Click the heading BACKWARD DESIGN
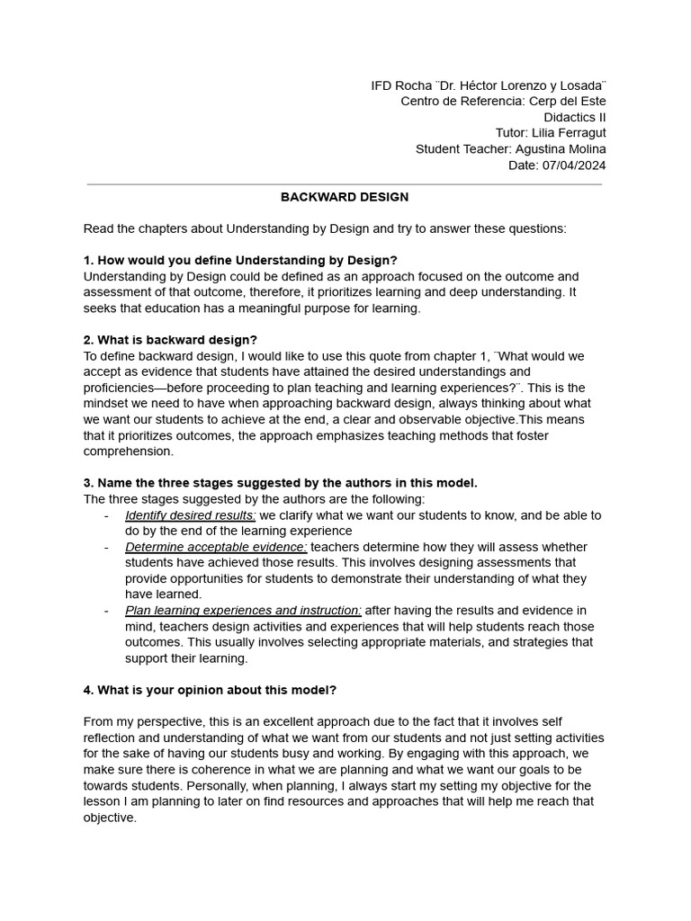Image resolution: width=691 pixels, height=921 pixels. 345,197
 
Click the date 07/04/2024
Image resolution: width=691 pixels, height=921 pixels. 576,165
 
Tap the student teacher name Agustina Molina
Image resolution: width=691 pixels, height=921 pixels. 561,149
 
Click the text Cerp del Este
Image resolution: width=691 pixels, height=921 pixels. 567,101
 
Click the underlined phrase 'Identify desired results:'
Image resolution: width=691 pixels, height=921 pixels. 191,515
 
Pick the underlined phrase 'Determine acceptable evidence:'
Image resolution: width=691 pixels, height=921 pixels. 216,547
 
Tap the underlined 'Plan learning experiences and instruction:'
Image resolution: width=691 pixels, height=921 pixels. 243,611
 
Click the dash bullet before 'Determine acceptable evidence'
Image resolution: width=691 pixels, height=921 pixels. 107,547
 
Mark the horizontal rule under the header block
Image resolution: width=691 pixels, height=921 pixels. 345,184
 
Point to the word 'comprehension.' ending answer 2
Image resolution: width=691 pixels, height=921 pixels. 129,452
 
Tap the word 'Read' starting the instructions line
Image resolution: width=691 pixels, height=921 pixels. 99,228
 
